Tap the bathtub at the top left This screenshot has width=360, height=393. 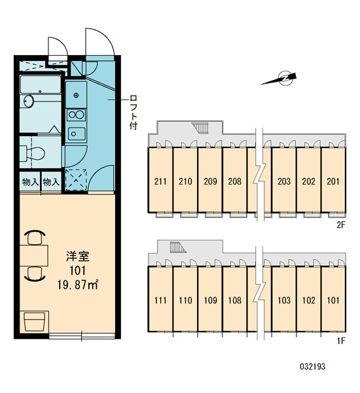tap(41, 84)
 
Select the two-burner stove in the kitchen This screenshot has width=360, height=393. tap(76, 115)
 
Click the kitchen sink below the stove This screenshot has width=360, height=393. tap(77, 134)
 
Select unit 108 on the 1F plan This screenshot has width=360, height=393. tap(234, 299)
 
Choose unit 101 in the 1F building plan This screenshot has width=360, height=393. tap(333, 299)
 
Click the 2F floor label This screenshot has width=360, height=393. tap(341, 225)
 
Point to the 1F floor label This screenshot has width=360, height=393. tap(341, 341)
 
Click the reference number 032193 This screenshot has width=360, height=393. tap(313, 366)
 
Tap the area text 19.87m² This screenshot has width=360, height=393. tap(78, 285)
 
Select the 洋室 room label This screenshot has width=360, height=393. tap(78, 256)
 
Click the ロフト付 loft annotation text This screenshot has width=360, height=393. tap(134, 112)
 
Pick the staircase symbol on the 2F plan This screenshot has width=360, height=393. tap(200, 128)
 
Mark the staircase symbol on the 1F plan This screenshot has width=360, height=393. tap(178, 247)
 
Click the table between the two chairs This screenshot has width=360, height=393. tap(34, 255)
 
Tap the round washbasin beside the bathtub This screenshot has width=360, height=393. tap(29, 101)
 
